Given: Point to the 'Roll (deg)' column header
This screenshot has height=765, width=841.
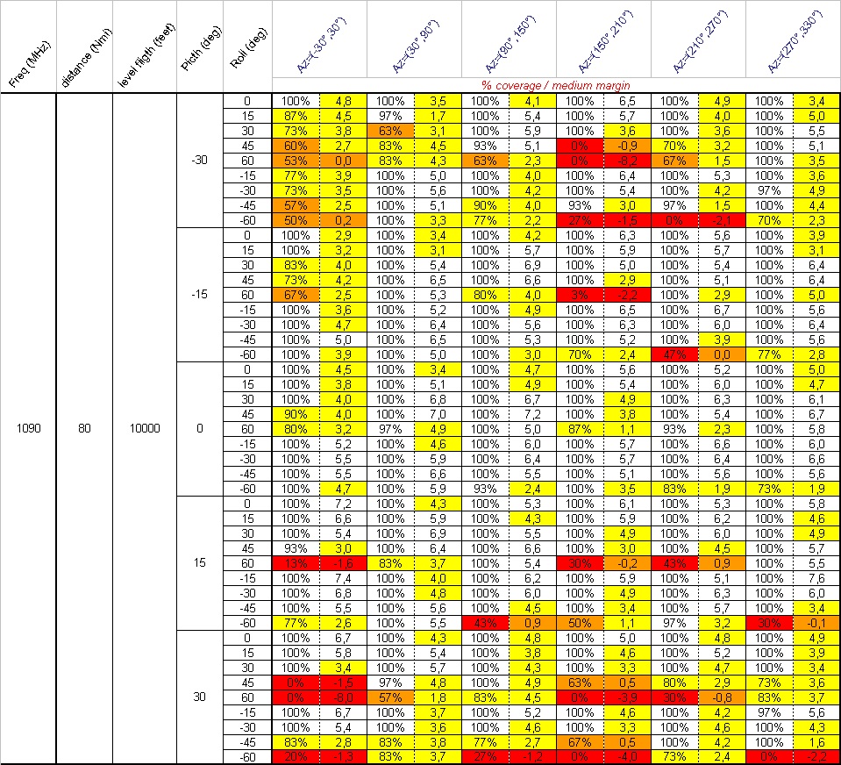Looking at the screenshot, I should (247, 47).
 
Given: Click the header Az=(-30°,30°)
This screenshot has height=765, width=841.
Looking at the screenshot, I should (320, 48).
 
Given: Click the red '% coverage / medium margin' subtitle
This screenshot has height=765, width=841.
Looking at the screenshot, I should (555, 85).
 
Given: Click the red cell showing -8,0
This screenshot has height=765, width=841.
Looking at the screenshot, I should (343, 697).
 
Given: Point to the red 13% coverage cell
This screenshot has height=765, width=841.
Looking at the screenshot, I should (296, 562).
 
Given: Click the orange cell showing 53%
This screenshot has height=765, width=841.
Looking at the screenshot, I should (296, 161).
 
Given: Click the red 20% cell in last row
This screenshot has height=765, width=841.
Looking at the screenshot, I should (296, 756).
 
